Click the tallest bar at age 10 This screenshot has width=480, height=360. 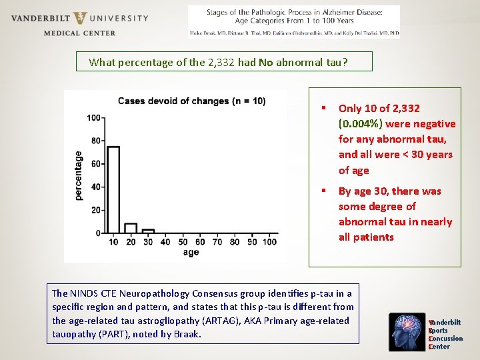click(113, 189)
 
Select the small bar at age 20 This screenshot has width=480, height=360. click(131, 228)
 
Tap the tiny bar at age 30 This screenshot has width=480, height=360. click(148, 231)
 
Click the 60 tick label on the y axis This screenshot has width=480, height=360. click(95, 164)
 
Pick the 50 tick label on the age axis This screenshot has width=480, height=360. click(183, 242)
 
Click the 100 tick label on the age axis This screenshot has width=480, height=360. click(269, 242)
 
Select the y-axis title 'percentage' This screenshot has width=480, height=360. click(79, 175)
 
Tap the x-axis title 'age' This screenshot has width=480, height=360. click(191, 253)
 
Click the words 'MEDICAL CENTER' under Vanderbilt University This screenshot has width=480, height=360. click(79, 33)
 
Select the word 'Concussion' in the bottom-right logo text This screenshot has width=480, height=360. click(446, 339)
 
